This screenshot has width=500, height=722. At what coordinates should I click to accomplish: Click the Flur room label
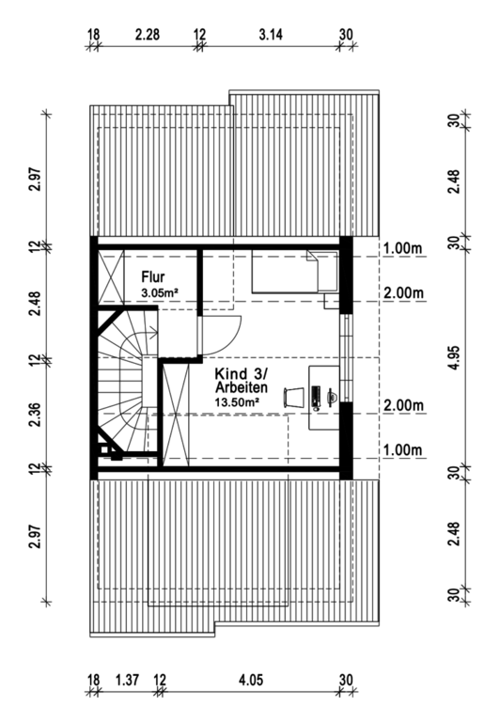[153, 277]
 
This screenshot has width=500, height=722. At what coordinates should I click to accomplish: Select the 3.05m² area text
[159, 292]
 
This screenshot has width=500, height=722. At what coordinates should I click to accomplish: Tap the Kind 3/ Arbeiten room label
[242, 380]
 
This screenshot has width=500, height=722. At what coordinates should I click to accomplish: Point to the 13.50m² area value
[236, 400]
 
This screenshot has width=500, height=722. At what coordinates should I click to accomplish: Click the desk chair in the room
[293, 398]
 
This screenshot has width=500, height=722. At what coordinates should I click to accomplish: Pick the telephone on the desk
[332, 395]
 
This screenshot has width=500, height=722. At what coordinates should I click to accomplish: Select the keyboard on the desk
[316, 398]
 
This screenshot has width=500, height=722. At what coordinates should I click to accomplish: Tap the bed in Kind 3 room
[295, 272]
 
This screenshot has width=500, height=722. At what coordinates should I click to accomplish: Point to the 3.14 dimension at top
[271, 35]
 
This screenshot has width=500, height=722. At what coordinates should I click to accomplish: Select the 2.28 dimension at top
[148, 35]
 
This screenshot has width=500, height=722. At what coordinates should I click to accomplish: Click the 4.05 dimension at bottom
[251, 680]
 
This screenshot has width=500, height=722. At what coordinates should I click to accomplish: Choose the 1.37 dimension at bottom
[127, 680]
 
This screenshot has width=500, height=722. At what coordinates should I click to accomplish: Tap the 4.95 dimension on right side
[454, 358]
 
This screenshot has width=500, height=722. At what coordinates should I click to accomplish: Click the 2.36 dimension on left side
[36, 415]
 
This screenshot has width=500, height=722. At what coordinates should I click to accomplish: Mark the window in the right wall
[346, 358]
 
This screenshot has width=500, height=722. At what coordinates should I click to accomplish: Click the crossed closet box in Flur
[111, 277]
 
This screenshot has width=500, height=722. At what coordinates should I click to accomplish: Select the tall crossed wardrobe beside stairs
[177, 416]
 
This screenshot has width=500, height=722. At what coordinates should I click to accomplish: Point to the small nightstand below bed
[332, 302]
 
